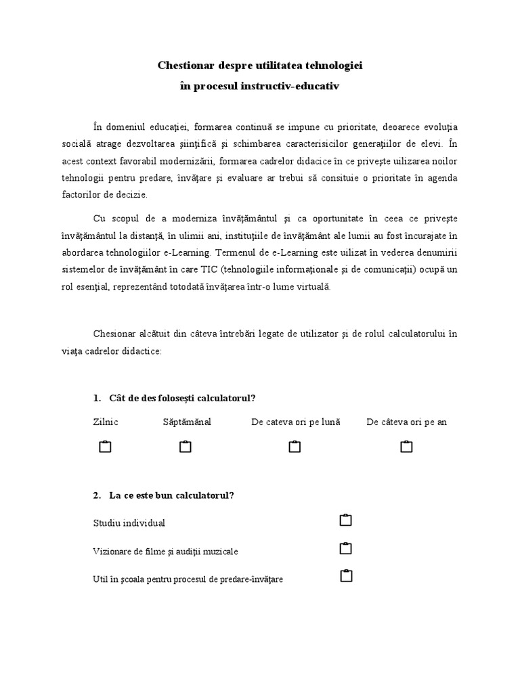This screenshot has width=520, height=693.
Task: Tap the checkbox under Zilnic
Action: point(105,447)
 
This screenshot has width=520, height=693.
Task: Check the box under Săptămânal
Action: point(186,447)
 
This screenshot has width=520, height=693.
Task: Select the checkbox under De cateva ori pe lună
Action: point(295,447)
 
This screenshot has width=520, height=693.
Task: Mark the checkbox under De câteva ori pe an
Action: point(406,447)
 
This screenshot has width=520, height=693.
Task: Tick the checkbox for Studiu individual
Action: point(346,520)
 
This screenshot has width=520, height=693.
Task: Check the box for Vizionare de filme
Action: point(346,548)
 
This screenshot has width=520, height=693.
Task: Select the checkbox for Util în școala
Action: point(346,576)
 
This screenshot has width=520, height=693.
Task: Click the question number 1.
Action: point(97,397)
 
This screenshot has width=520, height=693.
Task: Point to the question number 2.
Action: point(97,495)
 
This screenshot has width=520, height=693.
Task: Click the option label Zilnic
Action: point(105,422)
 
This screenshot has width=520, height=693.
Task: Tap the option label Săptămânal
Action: point(187,422)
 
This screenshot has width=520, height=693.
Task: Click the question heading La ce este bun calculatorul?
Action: point(171,495)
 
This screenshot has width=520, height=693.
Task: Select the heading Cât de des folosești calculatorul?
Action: point(182,397)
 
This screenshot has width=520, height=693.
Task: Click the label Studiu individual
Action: point(129,523)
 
